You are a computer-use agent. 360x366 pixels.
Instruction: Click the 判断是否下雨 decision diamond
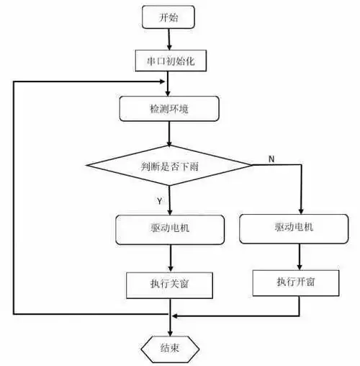tap(170, 166)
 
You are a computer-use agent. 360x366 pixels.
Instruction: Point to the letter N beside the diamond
tap(271, 158)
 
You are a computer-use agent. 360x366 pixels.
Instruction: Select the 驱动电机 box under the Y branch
tap(170, 230)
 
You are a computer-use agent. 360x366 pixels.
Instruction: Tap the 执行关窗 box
tap(170, 285)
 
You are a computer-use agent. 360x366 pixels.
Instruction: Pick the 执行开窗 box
tap(296, 281)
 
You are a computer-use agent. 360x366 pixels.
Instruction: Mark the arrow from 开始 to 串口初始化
tap(169, 37)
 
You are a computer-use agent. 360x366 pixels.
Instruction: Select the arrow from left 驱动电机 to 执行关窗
tap(170, 258)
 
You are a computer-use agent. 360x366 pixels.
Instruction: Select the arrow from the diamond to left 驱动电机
tap(170, 202)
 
